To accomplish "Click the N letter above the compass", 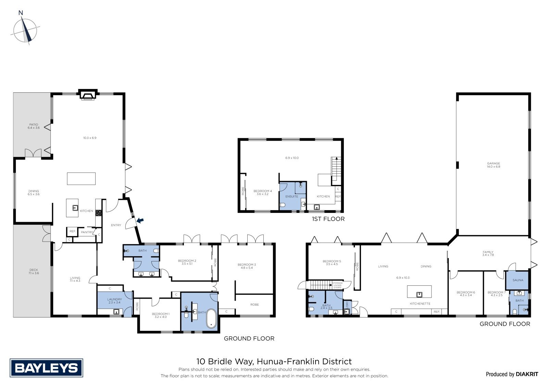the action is pos(21,13).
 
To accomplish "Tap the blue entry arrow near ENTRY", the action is pos(140,220).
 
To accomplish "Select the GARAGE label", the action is pos(493,163).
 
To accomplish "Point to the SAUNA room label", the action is pos(518,280).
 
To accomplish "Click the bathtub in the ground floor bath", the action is pos(211,318).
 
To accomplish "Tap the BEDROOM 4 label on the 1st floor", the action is pos(262,191).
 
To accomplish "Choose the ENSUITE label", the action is pos(291,196).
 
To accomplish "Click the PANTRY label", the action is pos(87,232).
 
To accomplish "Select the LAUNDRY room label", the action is pos(114,299).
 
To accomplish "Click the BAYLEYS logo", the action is pos(47,368).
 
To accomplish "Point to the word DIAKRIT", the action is pos(527,374).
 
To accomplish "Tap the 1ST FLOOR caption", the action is pos(328,219).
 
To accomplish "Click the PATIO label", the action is pos(34,125).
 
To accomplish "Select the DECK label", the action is pos(34,270).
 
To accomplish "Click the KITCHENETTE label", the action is pos(420,304).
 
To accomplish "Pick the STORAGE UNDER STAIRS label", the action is pos(337,285).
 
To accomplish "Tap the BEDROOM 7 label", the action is pos(496,292).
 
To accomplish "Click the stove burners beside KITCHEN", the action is pos(99,213).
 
